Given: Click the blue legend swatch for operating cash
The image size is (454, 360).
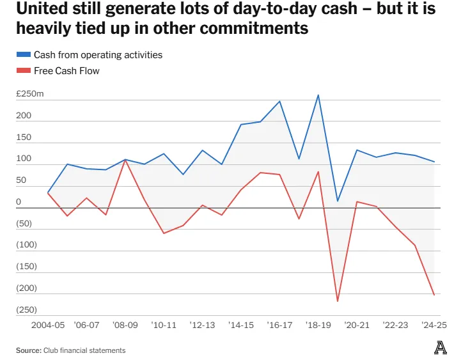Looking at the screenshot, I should (23, 55).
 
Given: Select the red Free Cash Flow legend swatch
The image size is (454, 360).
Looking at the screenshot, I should (23, 71).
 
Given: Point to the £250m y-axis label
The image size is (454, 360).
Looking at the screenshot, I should (30, 95).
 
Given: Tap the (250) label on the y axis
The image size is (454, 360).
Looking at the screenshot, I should (26, 309).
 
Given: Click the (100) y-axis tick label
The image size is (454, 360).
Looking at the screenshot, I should (26, 245).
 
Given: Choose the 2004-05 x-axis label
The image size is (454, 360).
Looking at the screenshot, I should (48, 325).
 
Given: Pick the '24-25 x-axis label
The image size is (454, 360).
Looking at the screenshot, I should (434, 325).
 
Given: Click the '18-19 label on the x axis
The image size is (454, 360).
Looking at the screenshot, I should (318, 325).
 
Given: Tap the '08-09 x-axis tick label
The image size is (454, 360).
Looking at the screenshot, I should (125, 325).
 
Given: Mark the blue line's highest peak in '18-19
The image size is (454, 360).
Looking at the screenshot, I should (318, 95).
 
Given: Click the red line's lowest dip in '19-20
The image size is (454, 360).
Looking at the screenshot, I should (337, 301).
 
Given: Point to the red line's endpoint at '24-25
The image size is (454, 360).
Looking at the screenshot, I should (434, 295).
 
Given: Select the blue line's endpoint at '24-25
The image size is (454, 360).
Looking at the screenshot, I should (434, 162).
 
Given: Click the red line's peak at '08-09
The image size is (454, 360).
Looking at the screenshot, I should (125, 160).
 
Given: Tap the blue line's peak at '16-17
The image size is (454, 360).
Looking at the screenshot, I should (279, 101).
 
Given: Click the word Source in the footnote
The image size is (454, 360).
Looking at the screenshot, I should (29, 350).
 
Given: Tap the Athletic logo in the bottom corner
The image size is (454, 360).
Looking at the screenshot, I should (440, 348).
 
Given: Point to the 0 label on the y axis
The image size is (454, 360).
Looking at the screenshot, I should (19, 202).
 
